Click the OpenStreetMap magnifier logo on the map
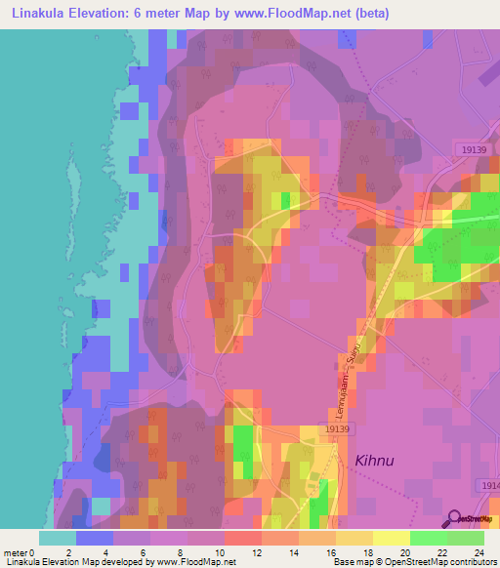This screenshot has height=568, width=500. coord(453,518)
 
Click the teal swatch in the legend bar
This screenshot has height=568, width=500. coord(58,538)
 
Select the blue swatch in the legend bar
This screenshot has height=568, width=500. coord(95,538)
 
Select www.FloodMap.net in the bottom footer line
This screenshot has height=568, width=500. coord(193,562)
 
